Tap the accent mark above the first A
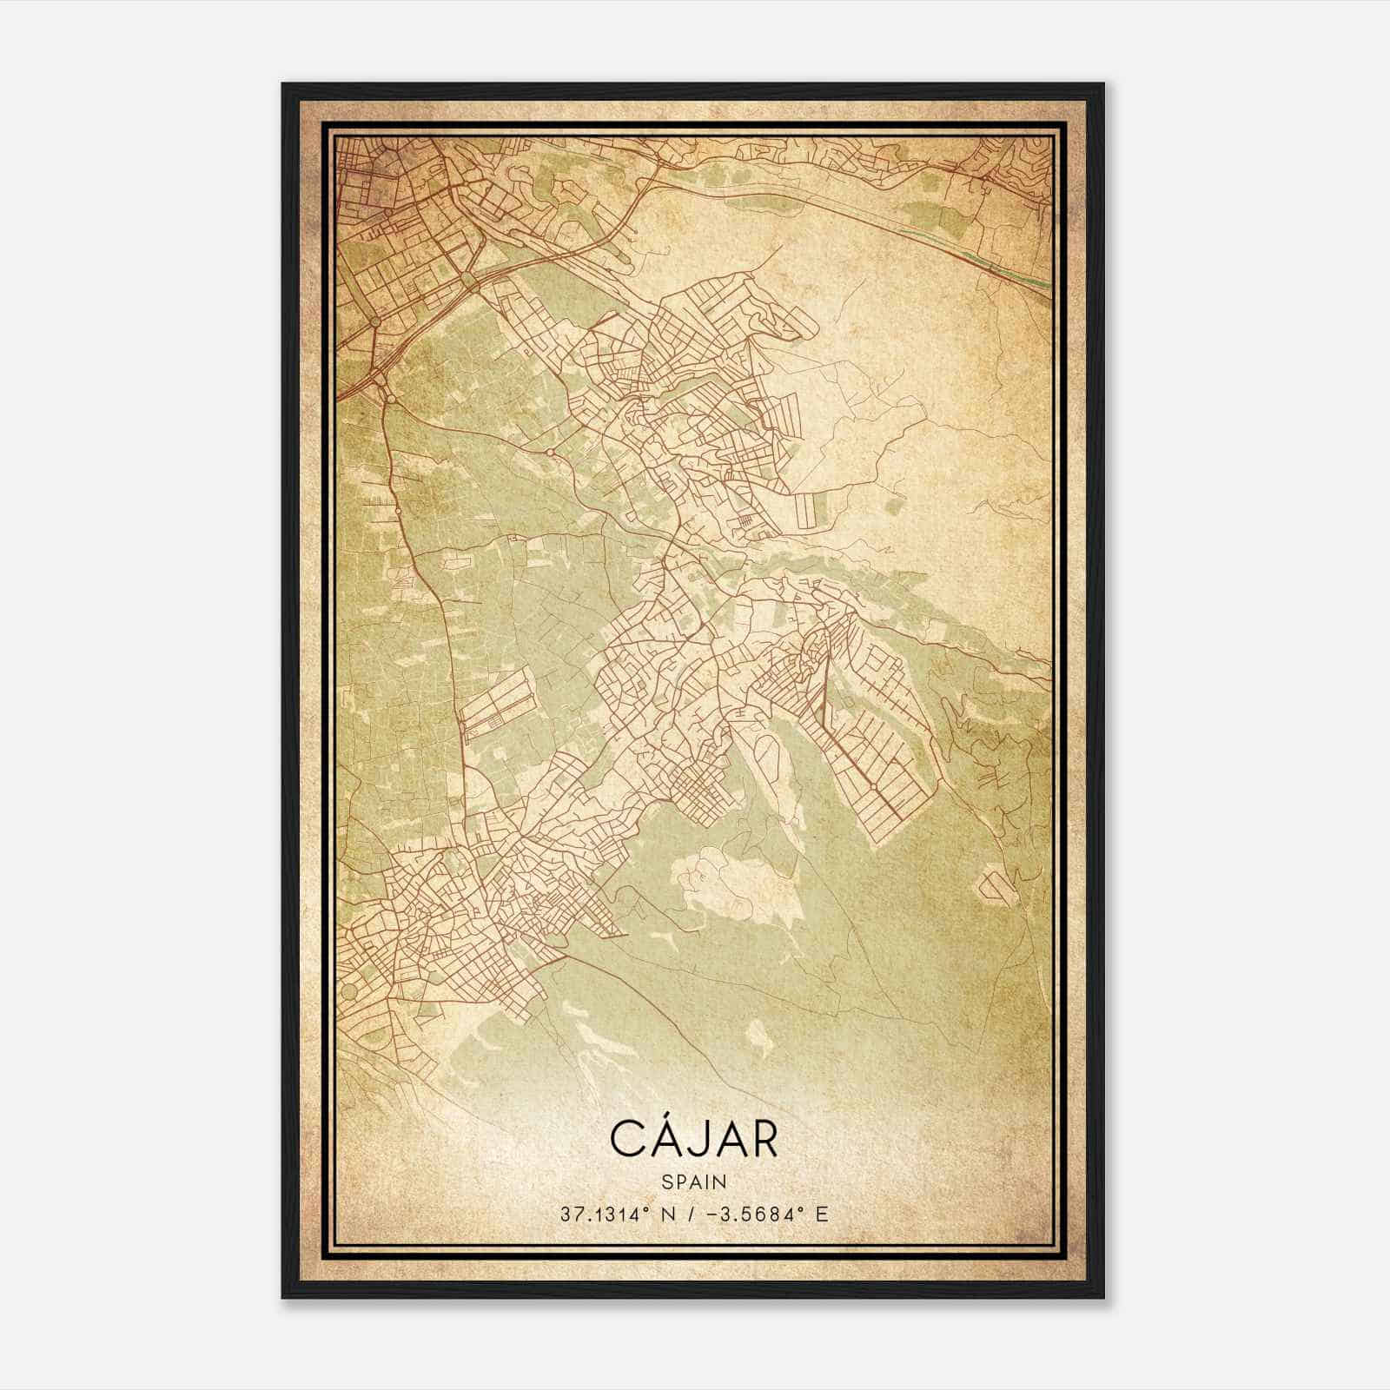[x=662, y=1115]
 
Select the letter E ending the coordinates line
[x=821, y=1214]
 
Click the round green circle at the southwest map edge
[x=349, y=990]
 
